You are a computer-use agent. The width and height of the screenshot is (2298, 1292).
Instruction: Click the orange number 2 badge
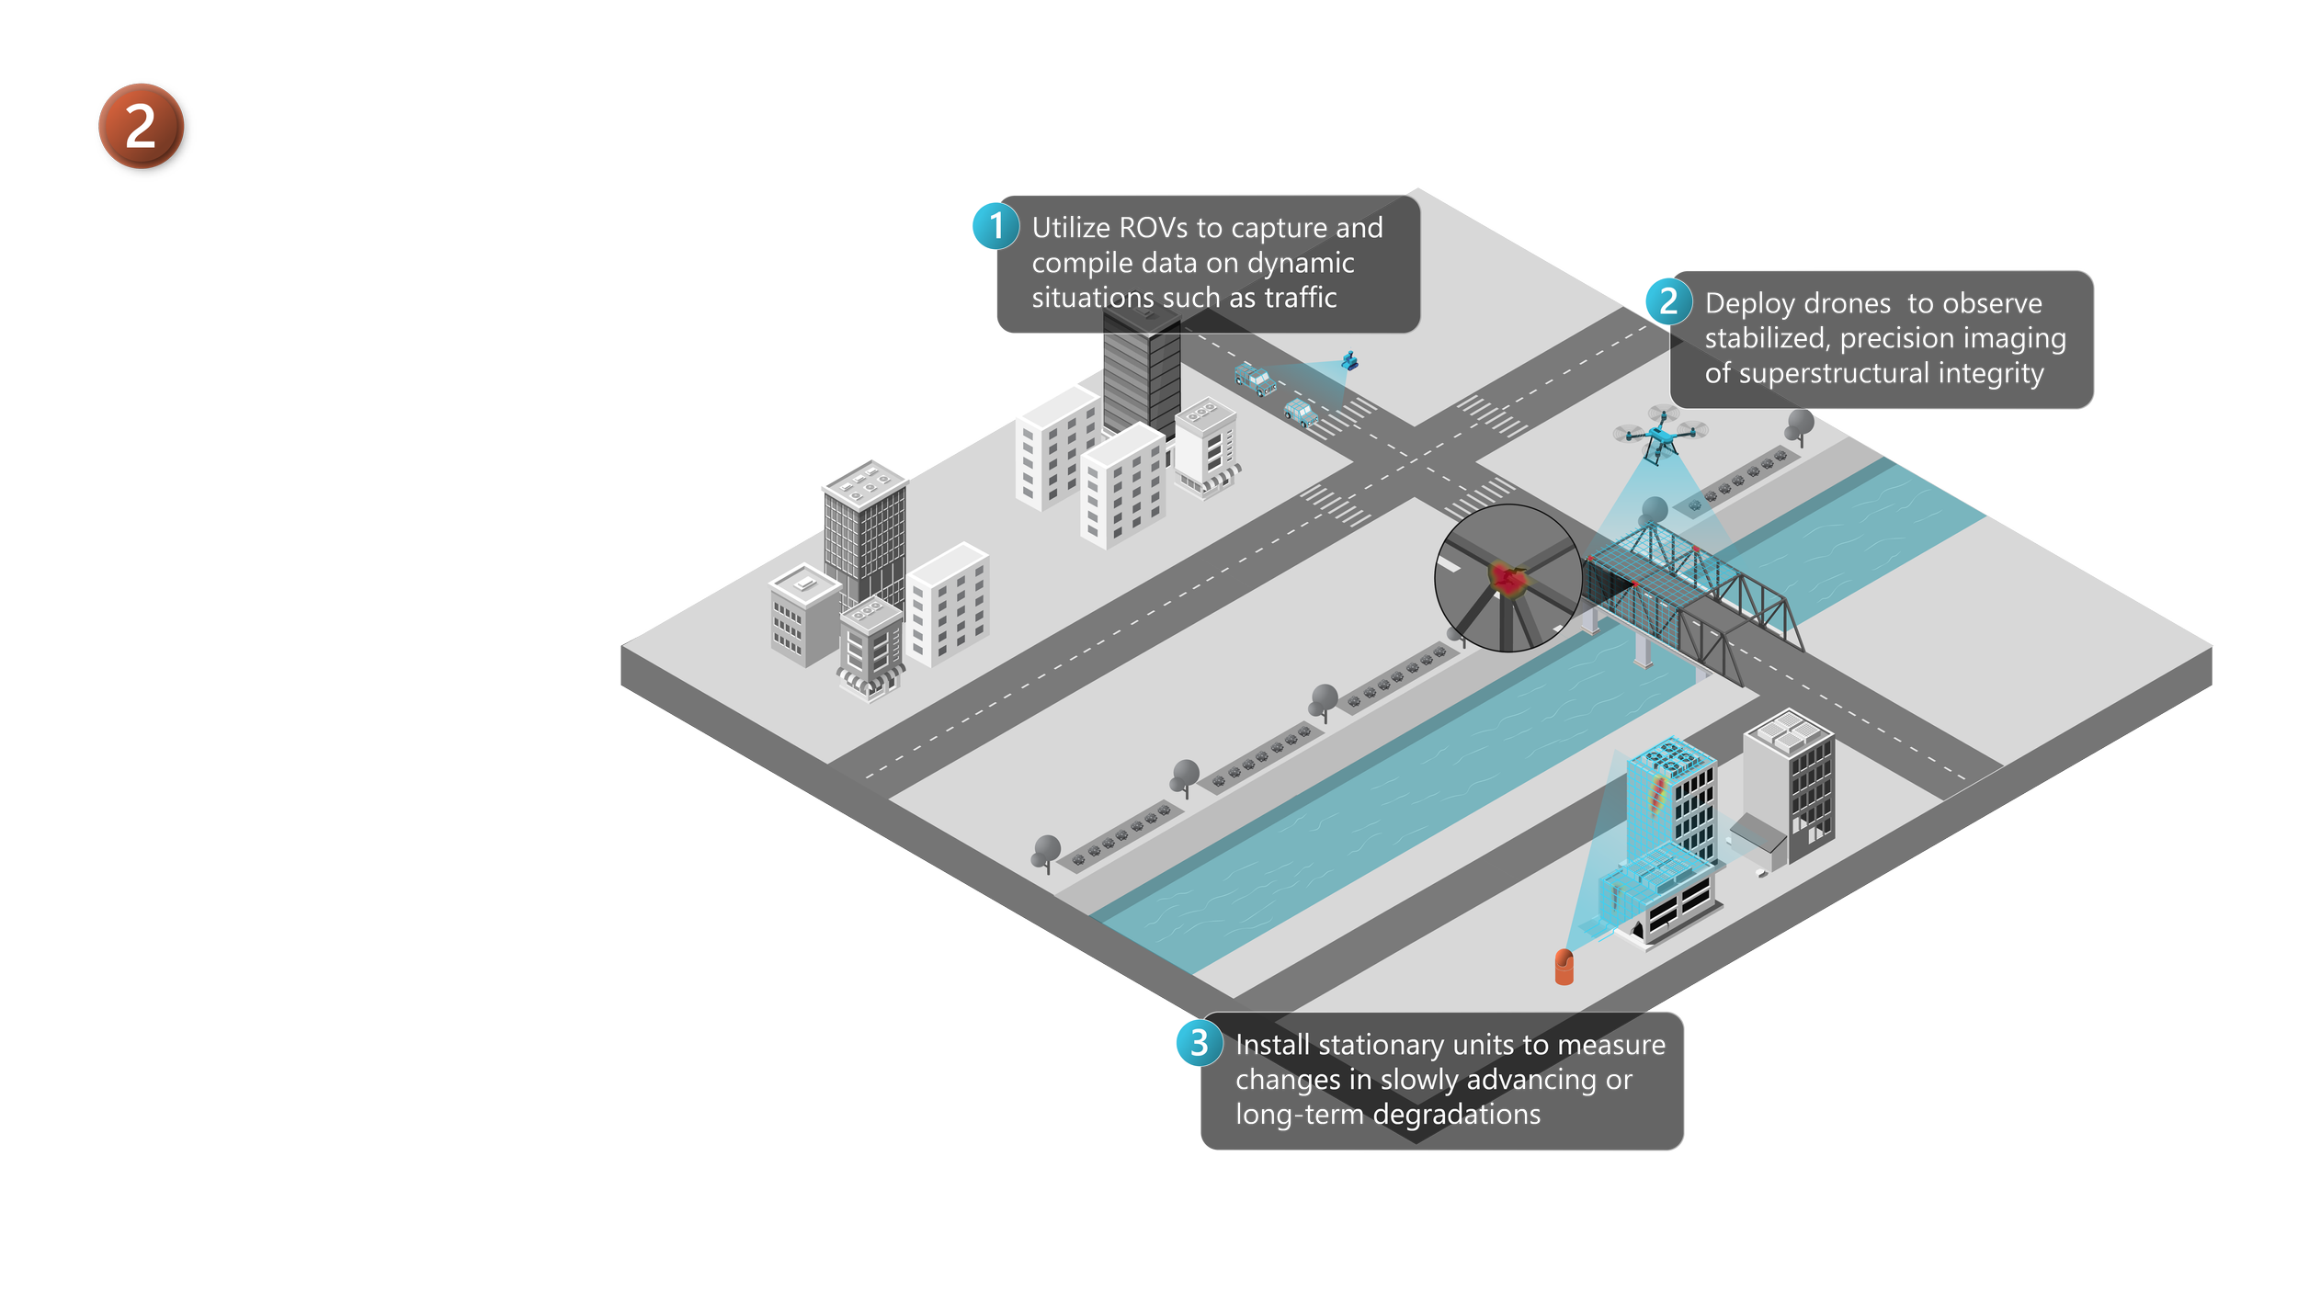pos(142,127)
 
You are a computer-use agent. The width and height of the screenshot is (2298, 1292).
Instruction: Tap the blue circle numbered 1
pos(995,226)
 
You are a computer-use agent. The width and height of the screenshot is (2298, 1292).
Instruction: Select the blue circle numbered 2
pos(1668,301)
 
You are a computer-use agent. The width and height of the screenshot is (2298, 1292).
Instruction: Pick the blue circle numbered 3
pos(1199,1043)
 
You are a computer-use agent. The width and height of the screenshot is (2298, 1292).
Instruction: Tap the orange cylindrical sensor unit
pos(1564,967)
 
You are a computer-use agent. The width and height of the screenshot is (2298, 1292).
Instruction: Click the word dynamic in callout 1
pos(1301,264)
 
